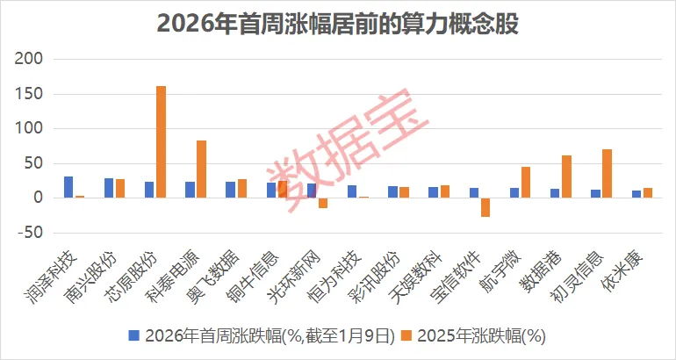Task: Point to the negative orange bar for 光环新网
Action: coord(323,203)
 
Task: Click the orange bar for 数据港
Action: coord(566,176)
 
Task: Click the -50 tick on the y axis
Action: coord(30,233)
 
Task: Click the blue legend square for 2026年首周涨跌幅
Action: coord(134,335)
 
